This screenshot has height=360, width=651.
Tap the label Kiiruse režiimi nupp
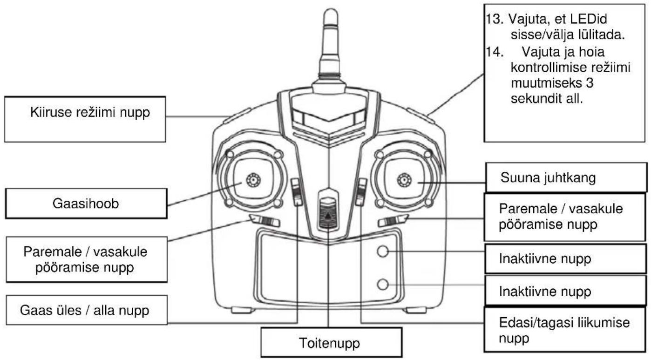point(90,113)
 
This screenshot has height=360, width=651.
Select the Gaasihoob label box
point(86,204)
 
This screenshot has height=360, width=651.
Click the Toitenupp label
point(330,343)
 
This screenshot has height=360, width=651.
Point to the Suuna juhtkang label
point(548,177)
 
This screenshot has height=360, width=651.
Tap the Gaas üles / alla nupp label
point(85,310)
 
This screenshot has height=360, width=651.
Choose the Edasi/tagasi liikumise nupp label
point(564,330)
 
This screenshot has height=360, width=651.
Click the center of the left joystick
point(253,180)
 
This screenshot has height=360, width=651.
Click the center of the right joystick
point(404,180)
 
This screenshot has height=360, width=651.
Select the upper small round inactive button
point(382,251)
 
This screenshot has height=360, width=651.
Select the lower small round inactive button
point(382,285)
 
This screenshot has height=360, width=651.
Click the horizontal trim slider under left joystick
point(265,221)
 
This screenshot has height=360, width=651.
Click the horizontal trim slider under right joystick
point(393,221)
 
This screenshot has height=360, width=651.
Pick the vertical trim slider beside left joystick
point(297,192)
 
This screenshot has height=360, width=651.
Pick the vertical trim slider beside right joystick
point(361,192)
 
